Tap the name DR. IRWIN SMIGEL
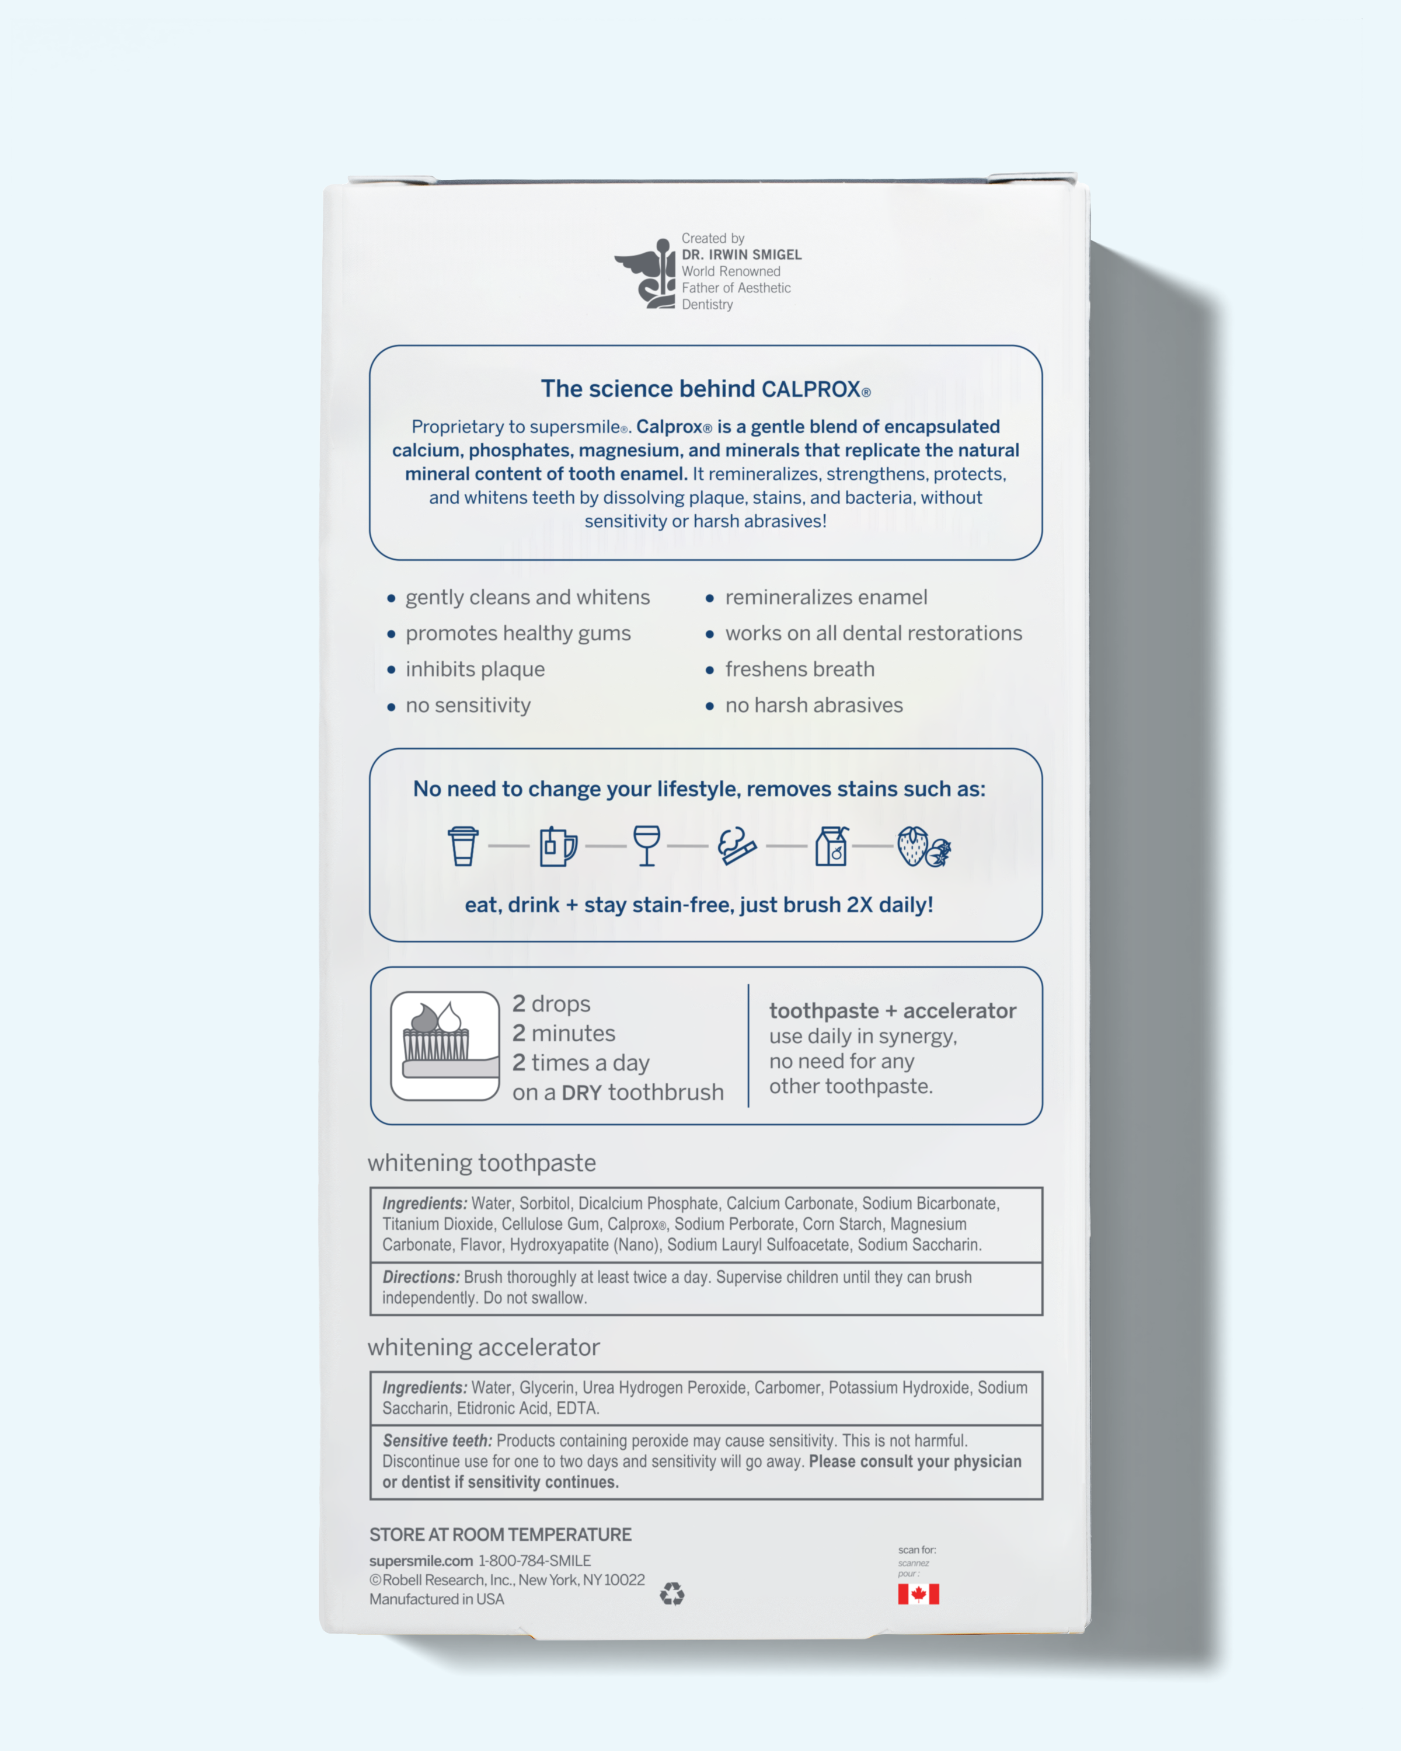click(x=741, y=255)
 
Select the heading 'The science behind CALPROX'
click(x=705, y=389)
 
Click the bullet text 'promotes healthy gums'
click(x=518, y=633)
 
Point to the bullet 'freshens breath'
click(x=799, y=669)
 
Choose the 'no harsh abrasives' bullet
click(x=813, y=705)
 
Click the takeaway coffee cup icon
click(x=463, y=846)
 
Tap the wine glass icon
click(x=646, y=846)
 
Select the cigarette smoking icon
click(x=737, y=846)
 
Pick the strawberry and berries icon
click(x=923, y=847)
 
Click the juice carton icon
click(x=832, y=846)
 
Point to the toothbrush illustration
click(x=445, y=1045)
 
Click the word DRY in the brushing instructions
click(x=581, y=1093)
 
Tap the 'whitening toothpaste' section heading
click(x=482, y=1163)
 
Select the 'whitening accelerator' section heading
click(x=483, y=1347)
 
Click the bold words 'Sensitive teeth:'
click(x=437, y=1440)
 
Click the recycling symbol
click(x=672, y=1594)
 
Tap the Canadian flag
click(x=919, y=1594)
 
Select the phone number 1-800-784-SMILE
click(x=534, y=1561)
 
